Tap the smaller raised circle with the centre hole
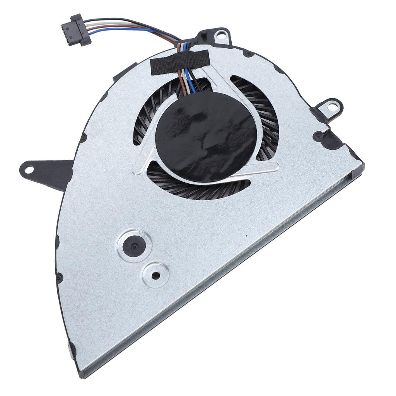click(155, 275)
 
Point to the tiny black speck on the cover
click(246, 236)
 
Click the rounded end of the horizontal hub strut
click(273, 167)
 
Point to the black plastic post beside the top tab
click(201, 37)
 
